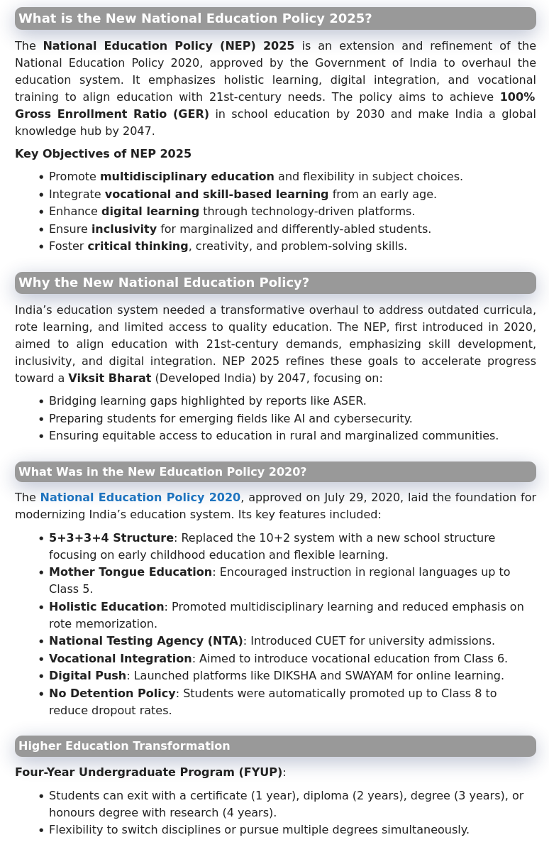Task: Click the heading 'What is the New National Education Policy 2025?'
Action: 195,18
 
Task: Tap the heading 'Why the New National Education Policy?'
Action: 164,283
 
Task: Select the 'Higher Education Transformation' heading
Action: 124,746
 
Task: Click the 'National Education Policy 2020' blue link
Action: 140,498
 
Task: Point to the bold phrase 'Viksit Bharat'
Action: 109,378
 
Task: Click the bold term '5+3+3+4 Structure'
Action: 111,538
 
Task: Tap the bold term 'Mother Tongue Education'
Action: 130,572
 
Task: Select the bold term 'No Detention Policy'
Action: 112,694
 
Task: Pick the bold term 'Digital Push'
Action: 87,676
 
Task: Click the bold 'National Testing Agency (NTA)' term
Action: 145,641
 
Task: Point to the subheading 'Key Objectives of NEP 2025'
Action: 103,154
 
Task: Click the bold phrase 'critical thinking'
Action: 138,246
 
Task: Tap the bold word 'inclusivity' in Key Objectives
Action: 123,229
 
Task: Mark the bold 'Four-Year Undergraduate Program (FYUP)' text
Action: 148,772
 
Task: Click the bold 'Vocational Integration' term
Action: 120,659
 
